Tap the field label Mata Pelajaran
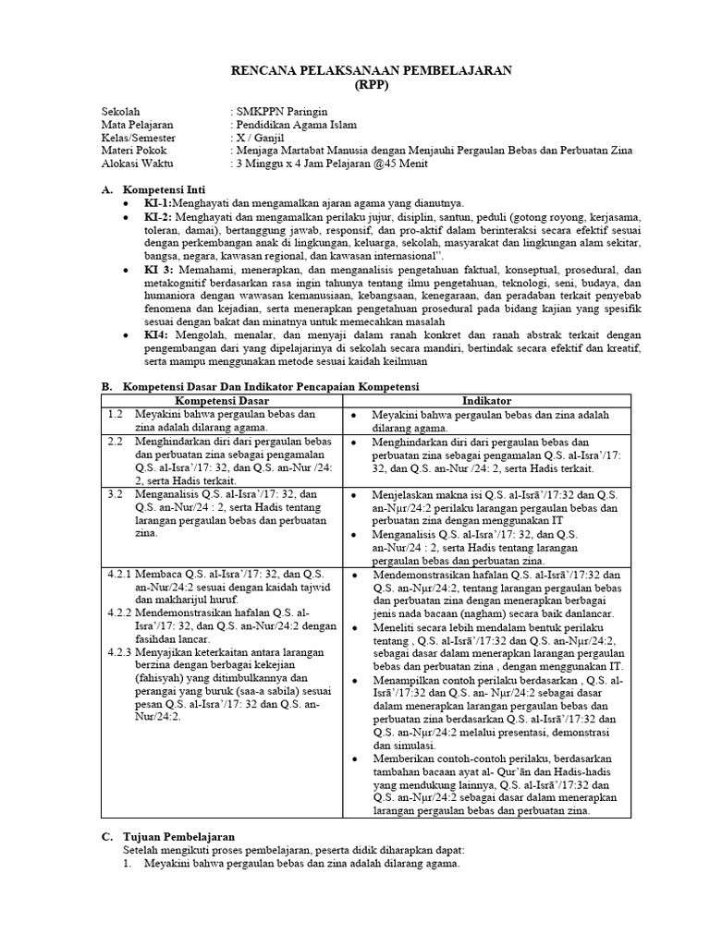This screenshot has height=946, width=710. pyautogui.click(x=136, y=125)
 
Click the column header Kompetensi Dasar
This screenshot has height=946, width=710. pyautogui.click(x=222, y=401)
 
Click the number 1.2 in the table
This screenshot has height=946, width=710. pyautogui.click(x=115, y=415)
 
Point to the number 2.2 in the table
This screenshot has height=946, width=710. pyautogui.click(x=115, y=442)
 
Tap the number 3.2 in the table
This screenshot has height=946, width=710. pyautogui.click(x=115, y=494)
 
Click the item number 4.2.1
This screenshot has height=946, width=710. pyautogui.click(x=121, y=574)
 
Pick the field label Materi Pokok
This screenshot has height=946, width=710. pyautogui.click(x=132, y=151)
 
